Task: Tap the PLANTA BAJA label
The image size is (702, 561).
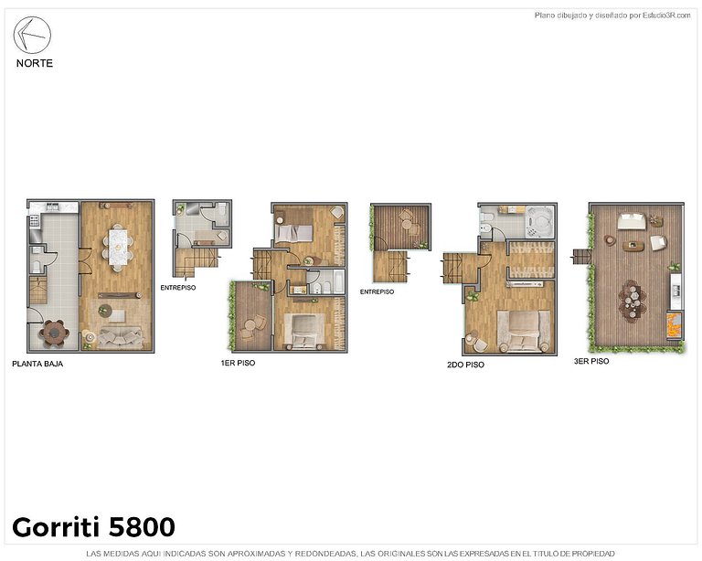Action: pyautogui.click(x=37, y=363)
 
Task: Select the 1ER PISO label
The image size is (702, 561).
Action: pyautogui.click(x=237, y=363)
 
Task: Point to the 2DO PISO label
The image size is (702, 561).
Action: pyautogui.click(x=465, y=364)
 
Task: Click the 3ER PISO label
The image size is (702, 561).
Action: pyautogui.click(x=590, y=361)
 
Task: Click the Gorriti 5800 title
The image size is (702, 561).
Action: pyautogui.click(x=93, y=527)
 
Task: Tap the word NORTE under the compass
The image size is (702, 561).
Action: pyautogui.click(x=35, y=63)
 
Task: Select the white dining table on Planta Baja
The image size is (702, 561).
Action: pyautogui.click(x=117, y=245)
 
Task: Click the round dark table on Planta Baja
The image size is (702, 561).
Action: pyautogui.click(x=56, y=333)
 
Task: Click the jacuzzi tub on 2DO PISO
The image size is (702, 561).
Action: pyautogui.click(x=537, y=220)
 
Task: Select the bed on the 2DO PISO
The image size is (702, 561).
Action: pyautogui.click(x=521, y=330)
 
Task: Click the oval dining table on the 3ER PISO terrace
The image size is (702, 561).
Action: pyautogui.click(x=631, y=300)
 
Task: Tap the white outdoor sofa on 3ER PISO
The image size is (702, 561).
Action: pyautogui.click(x=631, y=220)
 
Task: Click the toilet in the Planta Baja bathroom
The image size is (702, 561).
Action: pyautogui.click(x=35, y=266)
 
